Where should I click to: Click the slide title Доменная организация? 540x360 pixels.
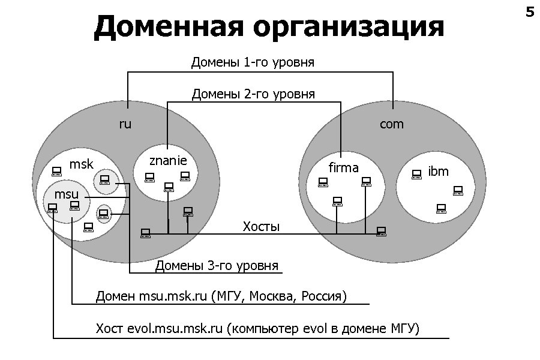[x=269, y=27]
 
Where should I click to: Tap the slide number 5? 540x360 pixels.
[x=529, y=12]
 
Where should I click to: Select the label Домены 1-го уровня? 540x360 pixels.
[x=253, y=62]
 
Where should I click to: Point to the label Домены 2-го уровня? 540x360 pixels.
[x=253, y=94]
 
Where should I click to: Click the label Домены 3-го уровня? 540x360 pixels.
[x=217, y=266]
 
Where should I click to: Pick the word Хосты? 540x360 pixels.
[x=261, y=227]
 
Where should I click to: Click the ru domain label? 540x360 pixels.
[x=125, y=125]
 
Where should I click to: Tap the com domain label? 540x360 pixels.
[x=392, y=125]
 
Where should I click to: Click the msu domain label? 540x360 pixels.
[x=67, y=194]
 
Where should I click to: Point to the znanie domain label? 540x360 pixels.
[x=168, y=161]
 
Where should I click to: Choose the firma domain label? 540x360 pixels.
[x=344, y=168]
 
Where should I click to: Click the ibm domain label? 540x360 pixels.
[x=439, y=172]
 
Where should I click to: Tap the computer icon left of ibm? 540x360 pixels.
[x=417, y=174]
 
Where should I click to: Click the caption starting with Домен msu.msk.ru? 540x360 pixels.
[x=221, y=297]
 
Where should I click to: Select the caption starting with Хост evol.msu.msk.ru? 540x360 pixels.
[x=257, y=329]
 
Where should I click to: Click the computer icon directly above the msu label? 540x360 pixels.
[x=57, y=170]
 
